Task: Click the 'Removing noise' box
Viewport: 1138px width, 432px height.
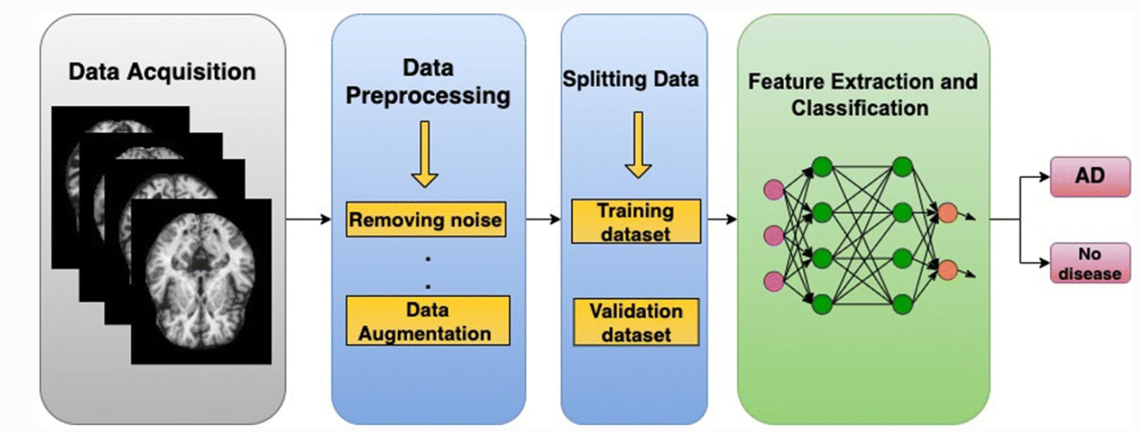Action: pyautogui.click(x=425, y=220)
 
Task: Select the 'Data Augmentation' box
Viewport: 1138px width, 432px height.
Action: pyautogui.click(x=428, y=320)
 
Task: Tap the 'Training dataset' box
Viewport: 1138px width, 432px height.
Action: pyautogui.click(x=636, y=222)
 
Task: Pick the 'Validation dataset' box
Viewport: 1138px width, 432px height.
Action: pyautogui.click(x=636, y=322)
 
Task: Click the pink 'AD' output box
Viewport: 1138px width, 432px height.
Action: pyautogui.click(x=1090, y=176)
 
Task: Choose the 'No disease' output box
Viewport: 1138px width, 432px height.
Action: pyautogui.click(x=1090, y=263)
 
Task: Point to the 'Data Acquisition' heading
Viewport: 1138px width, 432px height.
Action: pyautogui.click(x=162, y=72)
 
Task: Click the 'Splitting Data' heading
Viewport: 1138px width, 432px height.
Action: pyautogui.click(x=630, y=79)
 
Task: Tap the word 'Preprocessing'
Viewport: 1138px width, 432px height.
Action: pyautogui.click(x=428, y=95)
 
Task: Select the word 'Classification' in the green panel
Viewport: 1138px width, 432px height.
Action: pyautogui.click(x=860, y=108)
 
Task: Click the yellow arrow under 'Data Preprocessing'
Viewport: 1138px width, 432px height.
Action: pyautogui.click(x=425, y=154)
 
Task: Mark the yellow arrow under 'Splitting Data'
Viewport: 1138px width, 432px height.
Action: pyautogui.click(x=637, y=145)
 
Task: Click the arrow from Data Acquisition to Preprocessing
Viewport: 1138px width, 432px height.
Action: pyautogui.click(x=308, y=220)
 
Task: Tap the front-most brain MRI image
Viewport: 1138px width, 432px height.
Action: pyautogui.click(x=201, y=281)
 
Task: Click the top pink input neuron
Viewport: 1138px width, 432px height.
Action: pyautogui.click(x=774, y=189)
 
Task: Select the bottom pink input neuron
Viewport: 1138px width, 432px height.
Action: pyautogui.click(x=774, y=281)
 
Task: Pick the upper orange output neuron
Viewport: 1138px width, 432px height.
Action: pyautogui.click(x=948, y=213)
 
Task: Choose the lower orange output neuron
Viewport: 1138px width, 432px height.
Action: pyautogui.click(x=948, y=269)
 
